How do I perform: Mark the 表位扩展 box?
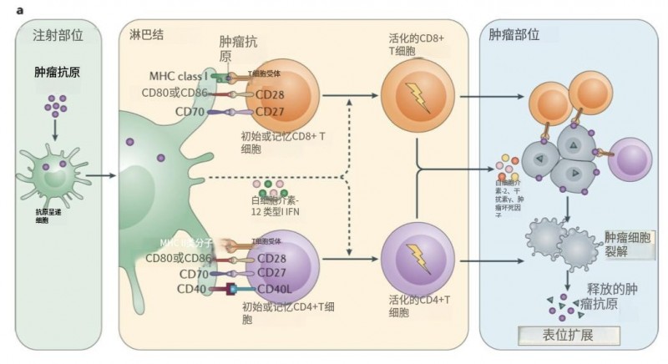click(x=569, y=336)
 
